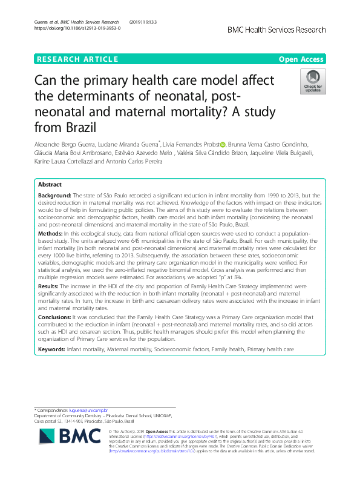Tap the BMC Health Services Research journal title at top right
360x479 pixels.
[x=277, y=30]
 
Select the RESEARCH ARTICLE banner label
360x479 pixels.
[x=77, y=59]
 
